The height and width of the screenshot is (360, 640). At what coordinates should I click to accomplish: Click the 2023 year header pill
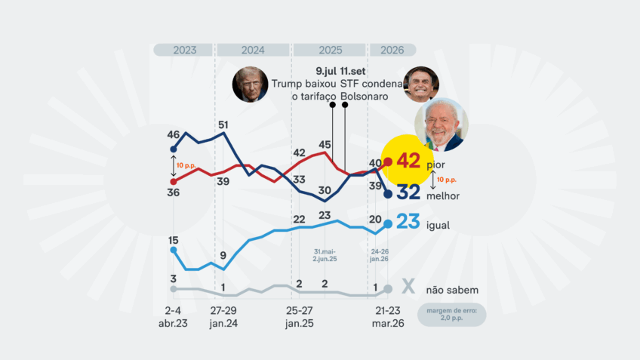tap(184, 50)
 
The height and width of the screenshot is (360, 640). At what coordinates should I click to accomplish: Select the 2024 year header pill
tap(253, 50)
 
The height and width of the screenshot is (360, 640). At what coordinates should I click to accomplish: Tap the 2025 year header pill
tap(330, 50)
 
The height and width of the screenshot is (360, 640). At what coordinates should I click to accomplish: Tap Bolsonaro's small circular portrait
tap(420, 84)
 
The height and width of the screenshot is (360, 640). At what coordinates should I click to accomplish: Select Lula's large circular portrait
tap(442, 125)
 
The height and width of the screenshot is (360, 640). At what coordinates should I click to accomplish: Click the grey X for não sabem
tap(408, 288)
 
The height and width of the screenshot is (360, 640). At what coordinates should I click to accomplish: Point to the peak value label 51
tap(223, 125)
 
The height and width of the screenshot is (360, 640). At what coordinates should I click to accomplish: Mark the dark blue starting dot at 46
tap(174, 149)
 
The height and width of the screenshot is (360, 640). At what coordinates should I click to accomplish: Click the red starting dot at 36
tap(174, 181)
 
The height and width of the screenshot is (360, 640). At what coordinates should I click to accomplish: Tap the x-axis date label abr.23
tap(173, 322)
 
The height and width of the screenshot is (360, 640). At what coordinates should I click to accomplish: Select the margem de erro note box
tap(451, 314)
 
